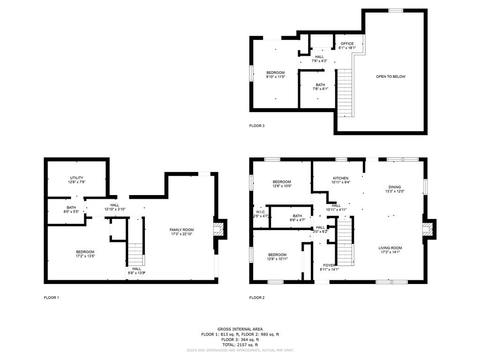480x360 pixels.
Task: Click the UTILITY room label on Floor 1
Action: pyautogui.click(x=77, y=178)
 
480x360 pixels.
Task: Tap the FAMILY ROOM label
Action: pyautogui.click(x=181, y=230)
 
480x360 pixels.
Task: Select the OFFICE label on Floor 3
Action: pyautogui.click(x=347, y=44)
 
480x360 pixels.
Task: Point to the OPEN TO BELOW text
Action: pyautogui.click(x=390, y=76)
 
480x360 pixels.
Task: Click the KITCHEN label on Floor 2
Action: pyautogui.click(x=341, y=178)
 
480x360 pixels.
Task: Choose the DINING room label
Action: pyautogui.click(x=395, y=187)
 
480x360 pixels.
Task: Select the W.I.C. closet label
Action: pyautogui.click(x=261, y=212)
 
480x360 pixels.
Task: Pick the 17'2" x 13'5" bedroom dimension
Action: pyautogui.click(x=85, y=256)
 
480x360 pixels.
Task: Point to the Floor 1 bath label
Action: pyautogui.click(x=71, y=208)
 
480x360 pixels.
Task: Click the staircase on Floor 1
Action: pyautogui.click(x=135, y=253)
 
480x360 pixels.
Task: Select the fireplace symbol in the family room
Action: pyautogui.click(x=219, y=229)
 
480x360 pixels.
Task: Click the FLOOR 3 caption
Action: pyautogui.click(x=257, y=126)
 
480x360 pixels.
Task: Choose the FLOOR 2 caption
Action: pyautogui.click(x=257, y=298)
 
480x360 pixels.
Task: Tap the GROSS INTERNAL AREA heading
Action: pyautogui.click(x=240, y=329)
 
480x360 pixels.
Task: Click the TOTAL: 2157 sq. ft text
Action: pyautogui.click(x=240, y=345)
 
